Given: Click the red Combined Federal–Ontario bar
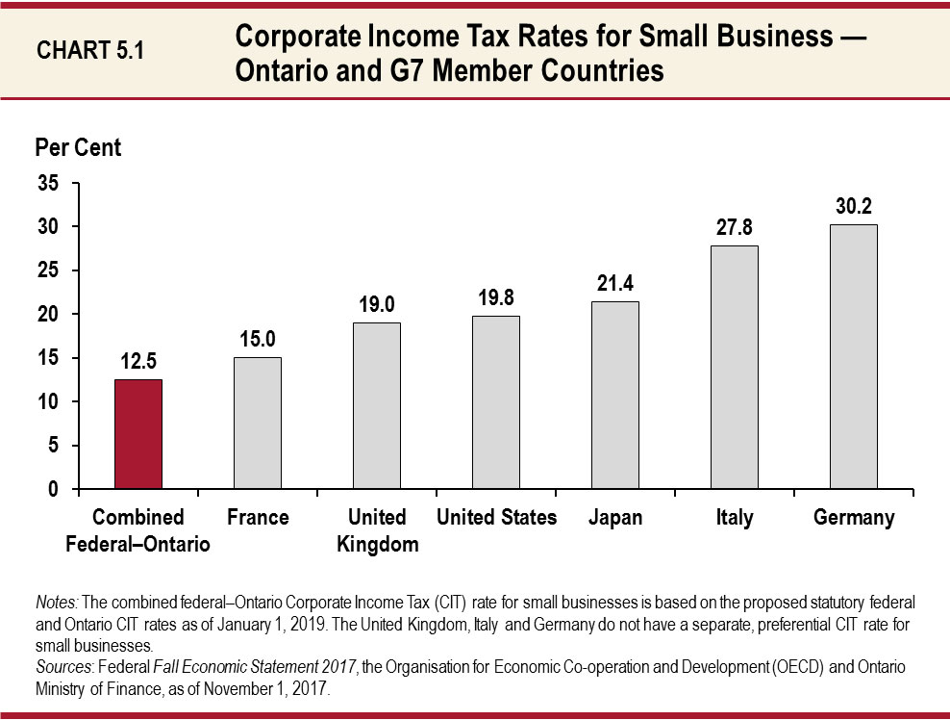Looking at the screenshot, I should click(138, 434).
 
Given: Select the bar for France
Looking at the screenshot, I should click(258, 424).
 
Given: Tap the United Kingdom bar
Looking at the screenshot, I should click(377, 405).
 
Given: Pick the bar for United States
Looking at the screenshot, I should click(496, 402).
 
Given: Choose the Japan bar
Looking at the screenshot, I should click(615, 395).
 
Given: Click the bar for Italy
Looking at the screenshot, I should click(735, 367).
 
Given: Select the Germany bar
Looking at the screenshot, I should click(854, 356).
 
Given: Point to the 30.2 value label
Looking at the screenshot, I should click(854, 207).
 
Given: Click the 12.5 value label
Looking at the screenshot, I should click(138, 362).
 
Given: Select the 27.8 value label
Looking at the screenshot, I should click(735, 228).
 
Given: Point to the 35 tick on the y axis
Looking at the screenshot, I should click(47, 183).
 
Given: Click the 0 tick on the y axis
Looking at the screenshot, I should click(53, 489).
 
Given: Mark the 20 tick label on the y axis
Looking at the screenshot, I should click(47, 315).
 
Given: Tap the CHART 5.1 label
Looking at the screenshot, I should click(90, 51).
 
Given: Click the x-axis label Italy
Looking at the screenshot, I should click(735, 518).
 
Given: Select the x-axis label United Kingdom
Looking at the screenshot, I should click(377, 531).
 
